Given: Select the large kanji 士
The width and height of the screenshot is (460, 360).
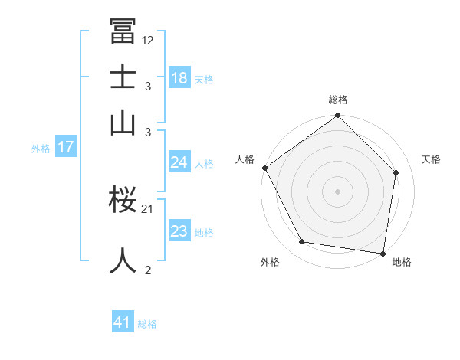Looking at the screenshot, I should pyautogui.click(x=123, y=77).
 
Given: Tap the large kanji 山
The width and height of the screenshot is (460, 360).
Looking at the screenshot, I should pyautogui.click(x=123, y=123).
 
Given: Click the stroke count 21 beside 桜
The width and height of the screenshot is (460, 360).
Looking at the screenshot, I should pyautogui.click(x=148, y=208).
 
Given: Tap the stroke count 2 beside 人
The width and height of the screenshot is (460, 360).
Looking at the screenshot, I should pyautogui.click(x=147, y=270).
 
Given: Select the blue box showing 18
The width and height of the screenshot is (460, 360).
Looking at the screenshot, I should pyautogui.click(x=179, y=78).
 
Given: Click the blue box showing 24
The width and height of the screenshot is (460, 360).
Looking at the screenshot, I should pyautogui.click(x=179, y=162).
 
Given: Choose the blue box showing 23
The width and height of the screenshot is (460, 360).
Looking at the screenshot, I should pyautogui.click(x=179, y=231).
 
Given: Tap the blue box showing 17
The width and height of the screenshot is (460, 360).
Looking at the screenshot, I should pyautogui.click(x=65, y=147).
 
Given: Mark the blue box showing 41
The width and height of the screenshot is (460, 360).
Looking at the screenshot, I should pyautogui.click(x=123, y=322).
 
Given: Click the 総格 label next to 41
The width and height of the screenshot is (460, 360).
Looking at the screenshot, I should pyautogui.click(x=147, y=324).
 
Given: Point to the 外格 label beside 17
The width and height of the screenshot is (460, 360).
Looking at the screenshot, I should pyautogui.click(x=41, y=149).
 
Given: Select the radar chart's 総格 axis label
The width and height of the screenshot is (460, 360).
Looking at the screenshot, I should pyautogui.click(x=338, y=100).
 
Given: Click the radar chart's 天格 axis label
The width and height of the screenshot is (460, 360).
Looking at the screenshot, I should pyautogui.click(x=431, y=159).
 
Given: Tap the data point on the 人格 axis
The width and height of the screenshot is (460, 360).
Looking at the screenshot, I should pyautogui.click(x=265, y=168).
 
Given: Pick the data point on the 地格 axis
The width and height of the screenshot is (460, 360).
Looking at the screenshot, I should pyautogui.click(x=383, y=252).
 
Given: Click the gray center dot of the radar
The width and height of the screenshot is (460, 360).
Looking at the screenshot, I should pyautogui.click(x=338, y=191).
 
